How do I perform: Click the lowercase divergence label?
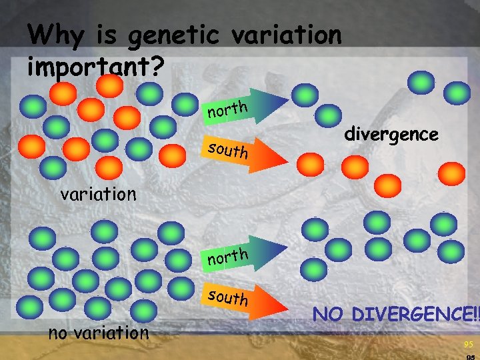point(391,135)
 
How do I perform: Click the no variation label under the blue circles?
point(99,332)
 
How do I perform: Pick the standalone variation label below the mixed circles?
point(98,194)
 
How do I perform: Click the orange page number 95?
point(468,345)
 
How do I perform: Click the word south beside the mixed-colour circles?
point(227,151)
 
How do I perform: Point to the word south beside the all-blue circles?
point(227,297)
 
